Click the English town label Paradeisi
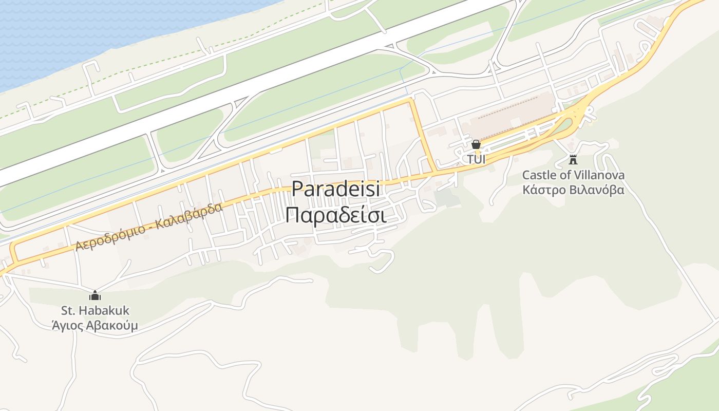(336, 189)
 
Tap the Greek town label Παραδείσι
(336, 215)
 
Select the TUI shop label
(476, 159)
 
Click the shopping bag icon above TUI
(476, 144)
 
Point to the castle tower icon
(573, 159)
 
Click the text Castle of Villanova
(573, 175)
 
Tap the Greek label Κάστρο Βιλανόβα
(573, 190)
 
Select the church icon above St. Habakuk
(95, 295)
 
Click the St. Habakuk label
(95, 311)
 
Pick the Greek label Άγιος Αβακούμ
(95, 325)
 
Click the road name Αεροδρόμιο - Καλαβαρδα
(149, 227)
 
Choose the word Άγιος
(67, 326)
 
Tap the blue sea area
(77, 31)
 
